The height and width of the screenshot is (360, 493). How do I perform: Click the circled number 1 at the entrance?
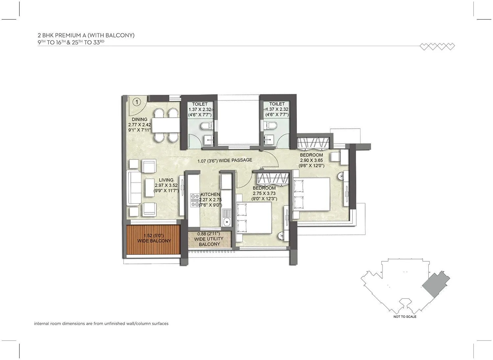click(x=136, y=102)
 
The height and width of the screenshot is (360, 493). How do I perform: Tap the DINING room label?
click(x=140, y=119)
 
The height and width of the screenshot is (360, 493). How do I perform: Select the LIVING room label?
click(x=166, y=180)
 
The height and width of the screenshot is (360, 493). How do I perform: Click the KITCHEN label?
click(x=210, y=195)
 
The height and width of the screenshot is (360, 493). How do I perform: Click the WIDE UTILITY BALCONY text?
click(x=209, y=239)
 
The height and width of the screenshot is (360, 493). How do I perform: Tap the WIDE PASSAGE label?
click(x=225, y=160)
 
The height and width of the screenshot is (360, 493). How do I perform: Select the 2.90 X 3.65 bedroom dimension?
click(x=312, y=160)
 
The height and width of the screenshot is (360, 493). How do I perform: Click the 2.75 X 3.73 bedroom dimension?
click(x=265, y=193)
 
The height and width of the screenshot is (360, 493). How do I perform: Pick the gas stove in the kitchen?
click(x=195, y=200)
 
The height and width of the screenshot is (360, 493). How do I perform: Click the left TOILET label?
click(x=200, y=104)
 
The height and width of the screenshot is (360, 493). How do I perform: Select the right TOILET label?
click(x=277, y=104)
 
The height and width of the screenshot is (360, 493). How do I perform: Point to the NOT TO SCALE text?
click(x=405, y=317)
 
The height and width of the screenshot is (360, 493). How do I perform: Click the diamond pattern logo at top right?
click(x=437, y=47)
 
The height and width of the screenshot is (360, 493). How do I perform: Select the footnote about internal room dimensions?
click(x=101, y=324)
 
